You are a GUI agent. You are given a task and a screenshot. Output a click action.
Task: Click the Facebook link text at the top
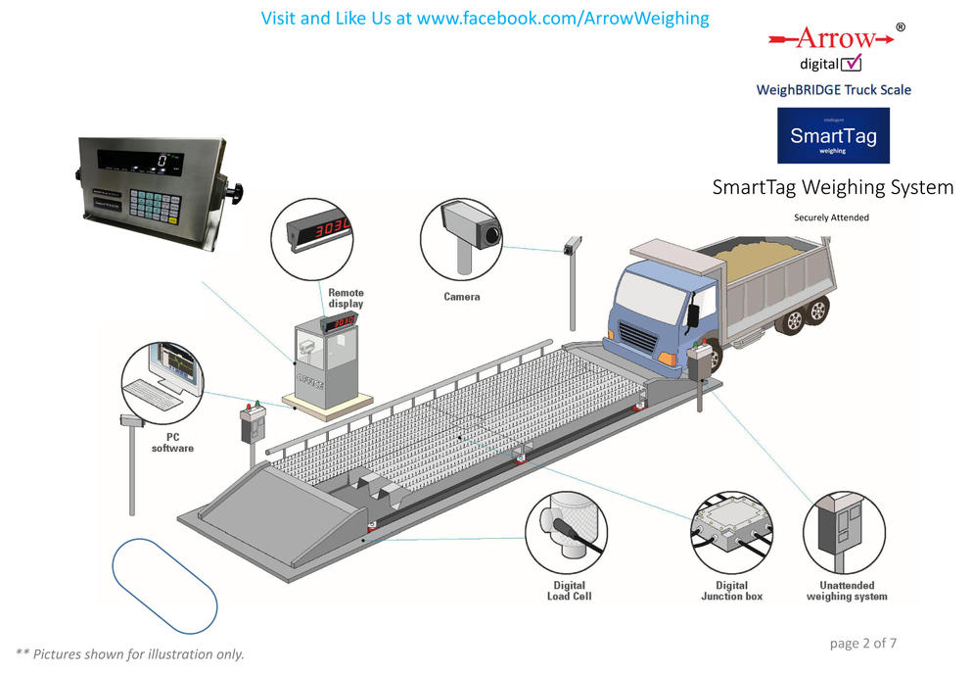tap(486, 19)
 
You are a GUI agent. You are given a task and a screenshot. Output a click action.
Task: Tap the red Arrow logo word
tap(834, 38)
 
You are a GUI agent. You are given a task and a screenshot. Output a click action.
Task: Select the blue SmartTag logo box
tap(833, 135)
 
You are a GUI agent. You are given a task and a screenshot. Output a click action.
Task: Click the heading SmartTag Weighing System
tap(833, 187)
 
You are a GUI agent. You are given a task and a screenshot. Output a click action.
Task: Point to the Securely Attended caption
tap(831, 217)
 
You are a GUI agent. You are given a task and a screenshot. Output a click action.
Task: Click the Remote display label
tap(346, 298)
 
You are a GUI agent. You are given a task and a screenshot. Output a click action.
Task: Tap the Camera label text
tap(462, 296)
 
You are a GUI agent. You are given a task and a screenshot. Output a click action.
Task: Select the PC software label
tap(172, 443)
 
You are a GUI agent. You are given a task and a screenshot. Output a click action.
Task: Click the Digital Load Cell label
tap(569, 590)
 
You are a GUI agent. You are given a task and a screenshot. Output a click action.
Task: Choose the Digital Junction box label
tap(731, 590)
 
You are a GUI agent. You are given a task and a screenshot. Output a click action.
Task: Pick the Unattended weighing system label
tap(847, 590)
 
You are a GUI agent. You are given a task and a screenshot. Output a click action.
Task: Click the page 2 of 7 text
tap(862, 644)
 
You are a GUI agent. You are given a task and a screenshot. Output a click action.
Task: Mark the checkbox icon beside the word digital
tap(852, 64)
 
